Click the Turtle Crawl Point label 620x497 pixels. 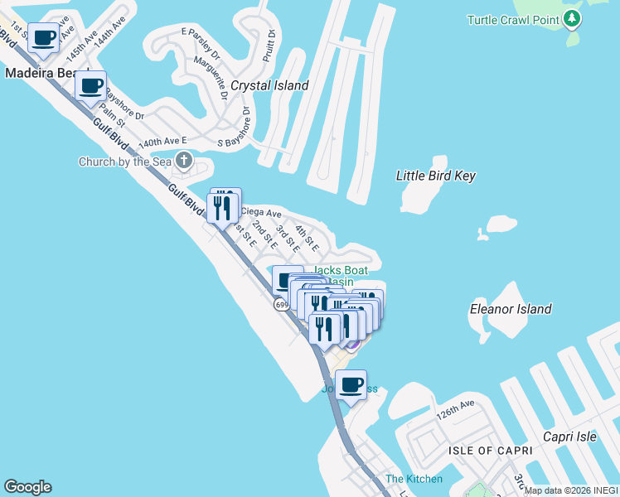click(513, 19)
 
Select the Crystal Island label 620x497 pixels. click(269, 85)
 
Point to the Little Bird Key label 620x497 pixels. click(435, 176)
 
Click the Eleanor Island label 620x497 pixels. click(510, 309)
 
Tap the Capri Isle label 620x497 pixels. click(569, 437)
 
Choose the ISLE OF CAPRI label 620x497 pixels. click(482, 450)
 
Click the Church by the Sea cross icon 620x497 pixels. click(183, 161)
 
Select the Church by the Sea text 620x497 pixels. click(125, 162)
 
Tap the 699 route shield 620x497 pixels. click(282, 306)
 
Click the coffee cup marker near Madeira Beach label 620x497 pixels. click(44, 37)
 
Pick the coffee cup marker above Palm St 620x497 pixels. click(91, 85)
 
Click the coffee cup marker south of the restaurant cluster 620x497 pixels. click(351, 384)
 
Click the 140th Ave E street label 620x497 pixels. click(163, 142)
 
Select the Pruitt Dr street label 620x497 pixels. click(268, 44)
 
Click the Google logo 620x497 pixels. click(28, 487)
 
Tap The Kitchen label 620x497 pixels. click(414, 479)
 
